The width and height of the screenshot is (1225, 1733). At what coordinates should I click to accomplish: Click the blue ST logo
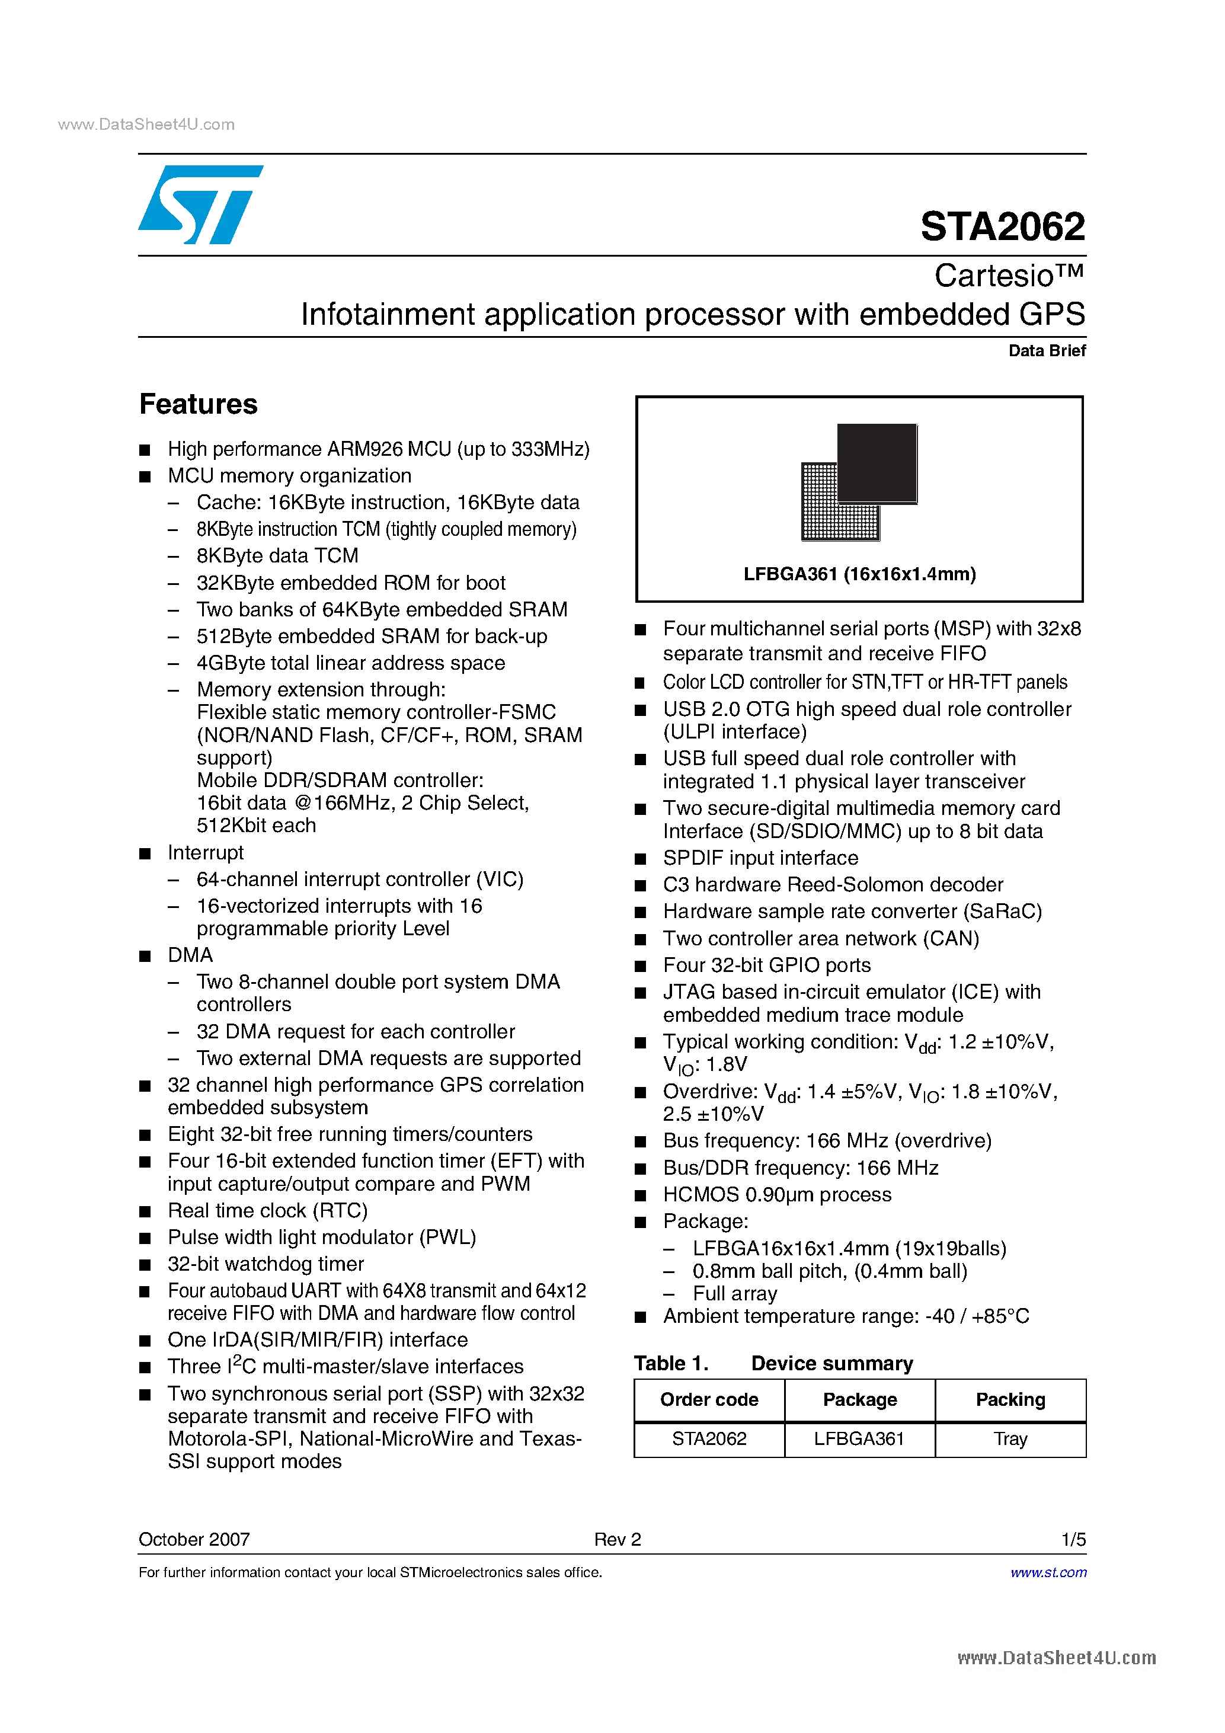click(x=200, y=204)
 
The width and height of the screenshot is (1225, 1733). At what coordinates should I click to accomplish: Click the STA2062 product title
click(x=1002, y=226)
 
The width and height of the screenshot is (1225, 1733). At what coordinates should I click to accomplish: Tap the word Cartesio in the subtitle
click(x=993, y=276)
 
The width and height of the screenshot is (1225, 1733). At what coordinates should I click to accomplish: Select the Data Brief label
click(x=1046, y=350)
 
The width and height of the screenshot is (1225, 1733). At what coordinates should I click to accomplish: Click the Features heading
click(x=199, y=405)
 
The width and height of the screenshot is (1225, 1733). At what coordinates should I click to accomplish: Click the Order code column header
click(x=709, y=1399)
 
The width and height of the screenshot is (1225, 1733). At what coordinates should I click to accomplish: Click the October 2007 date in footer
click(x=194, y=1539)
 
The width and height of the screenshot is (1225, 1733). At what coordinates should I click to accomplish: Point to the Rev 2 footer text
click(x=617, y=1539)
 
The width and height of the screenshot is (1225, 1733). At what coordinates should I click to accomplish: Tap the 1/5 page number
click(x=1073, y=1539)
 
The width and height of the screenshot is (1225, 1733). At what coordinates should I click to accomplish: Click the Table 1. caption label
click(x=670, y=1363)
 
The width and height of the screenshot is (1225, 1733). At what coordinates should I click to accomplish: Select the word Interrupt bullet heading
click(x=205, y=853)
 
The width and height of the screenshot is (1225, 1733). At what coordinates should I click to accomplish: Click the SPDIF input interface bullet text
click(x=760, y=858)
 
